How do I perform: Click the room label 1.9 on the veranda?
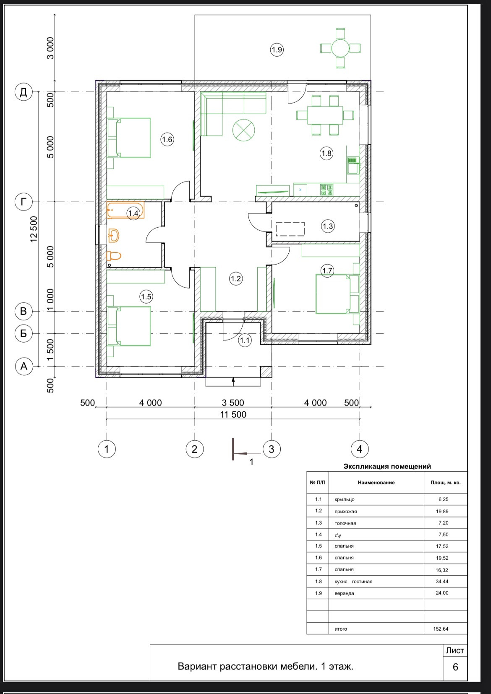pos(277,49)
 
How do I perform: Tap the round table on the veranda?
pos(340,48)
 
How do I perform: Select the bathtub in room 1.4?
pos(125,211)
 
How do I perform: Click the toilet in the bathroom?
pos(113,256)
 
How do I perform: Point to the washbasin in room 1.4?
pos(114,236)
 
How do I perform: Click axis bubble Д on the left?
pos(24,92)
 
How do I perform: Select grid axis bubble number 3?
pos(272,449)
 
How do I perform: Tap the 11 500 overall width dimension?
pos(233,415)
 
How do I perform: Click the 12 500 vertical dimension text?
pos(34,229)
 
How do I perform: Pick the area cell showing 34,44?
pos(442,582)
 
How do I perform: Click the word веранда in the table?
pos(344,593)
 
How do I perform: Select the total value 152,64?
pos(441,629)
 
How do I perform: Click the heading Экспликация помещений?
pos(387,466)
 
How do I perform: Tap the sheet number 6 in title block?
pos(455,667)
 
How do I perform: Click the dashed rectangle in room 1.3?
pos(290,229)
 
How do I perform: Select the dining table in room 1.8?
pos(325,115)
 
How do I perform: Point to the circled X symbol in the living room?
pos(244,130)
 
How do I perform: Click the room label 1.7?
pos(327,270)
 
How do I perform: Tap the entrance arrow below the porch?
pos(233,382)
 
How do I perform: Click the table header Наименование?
pos(376,482)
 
